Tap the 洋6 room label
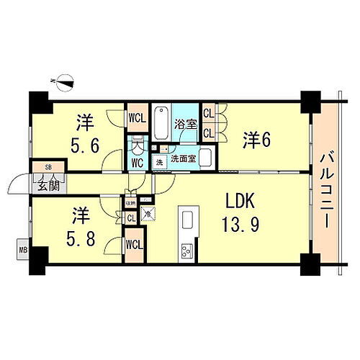coord(256,140)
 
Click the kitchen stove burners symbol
coord(186,250)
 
